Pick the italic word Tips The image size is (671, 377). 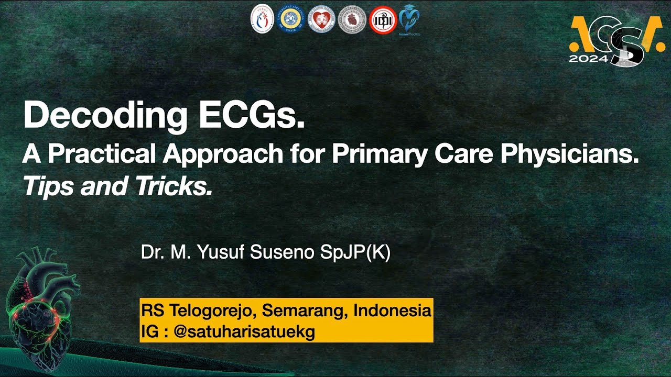click(47, 186)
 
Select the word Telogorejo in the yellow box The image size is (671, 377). click(212, 310)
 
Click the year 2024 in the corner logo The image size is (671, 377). click(588, 59)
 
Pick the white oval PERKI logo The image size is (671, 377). click(262, 19)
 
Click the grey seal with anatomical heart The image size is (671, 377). click(352, 19)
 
